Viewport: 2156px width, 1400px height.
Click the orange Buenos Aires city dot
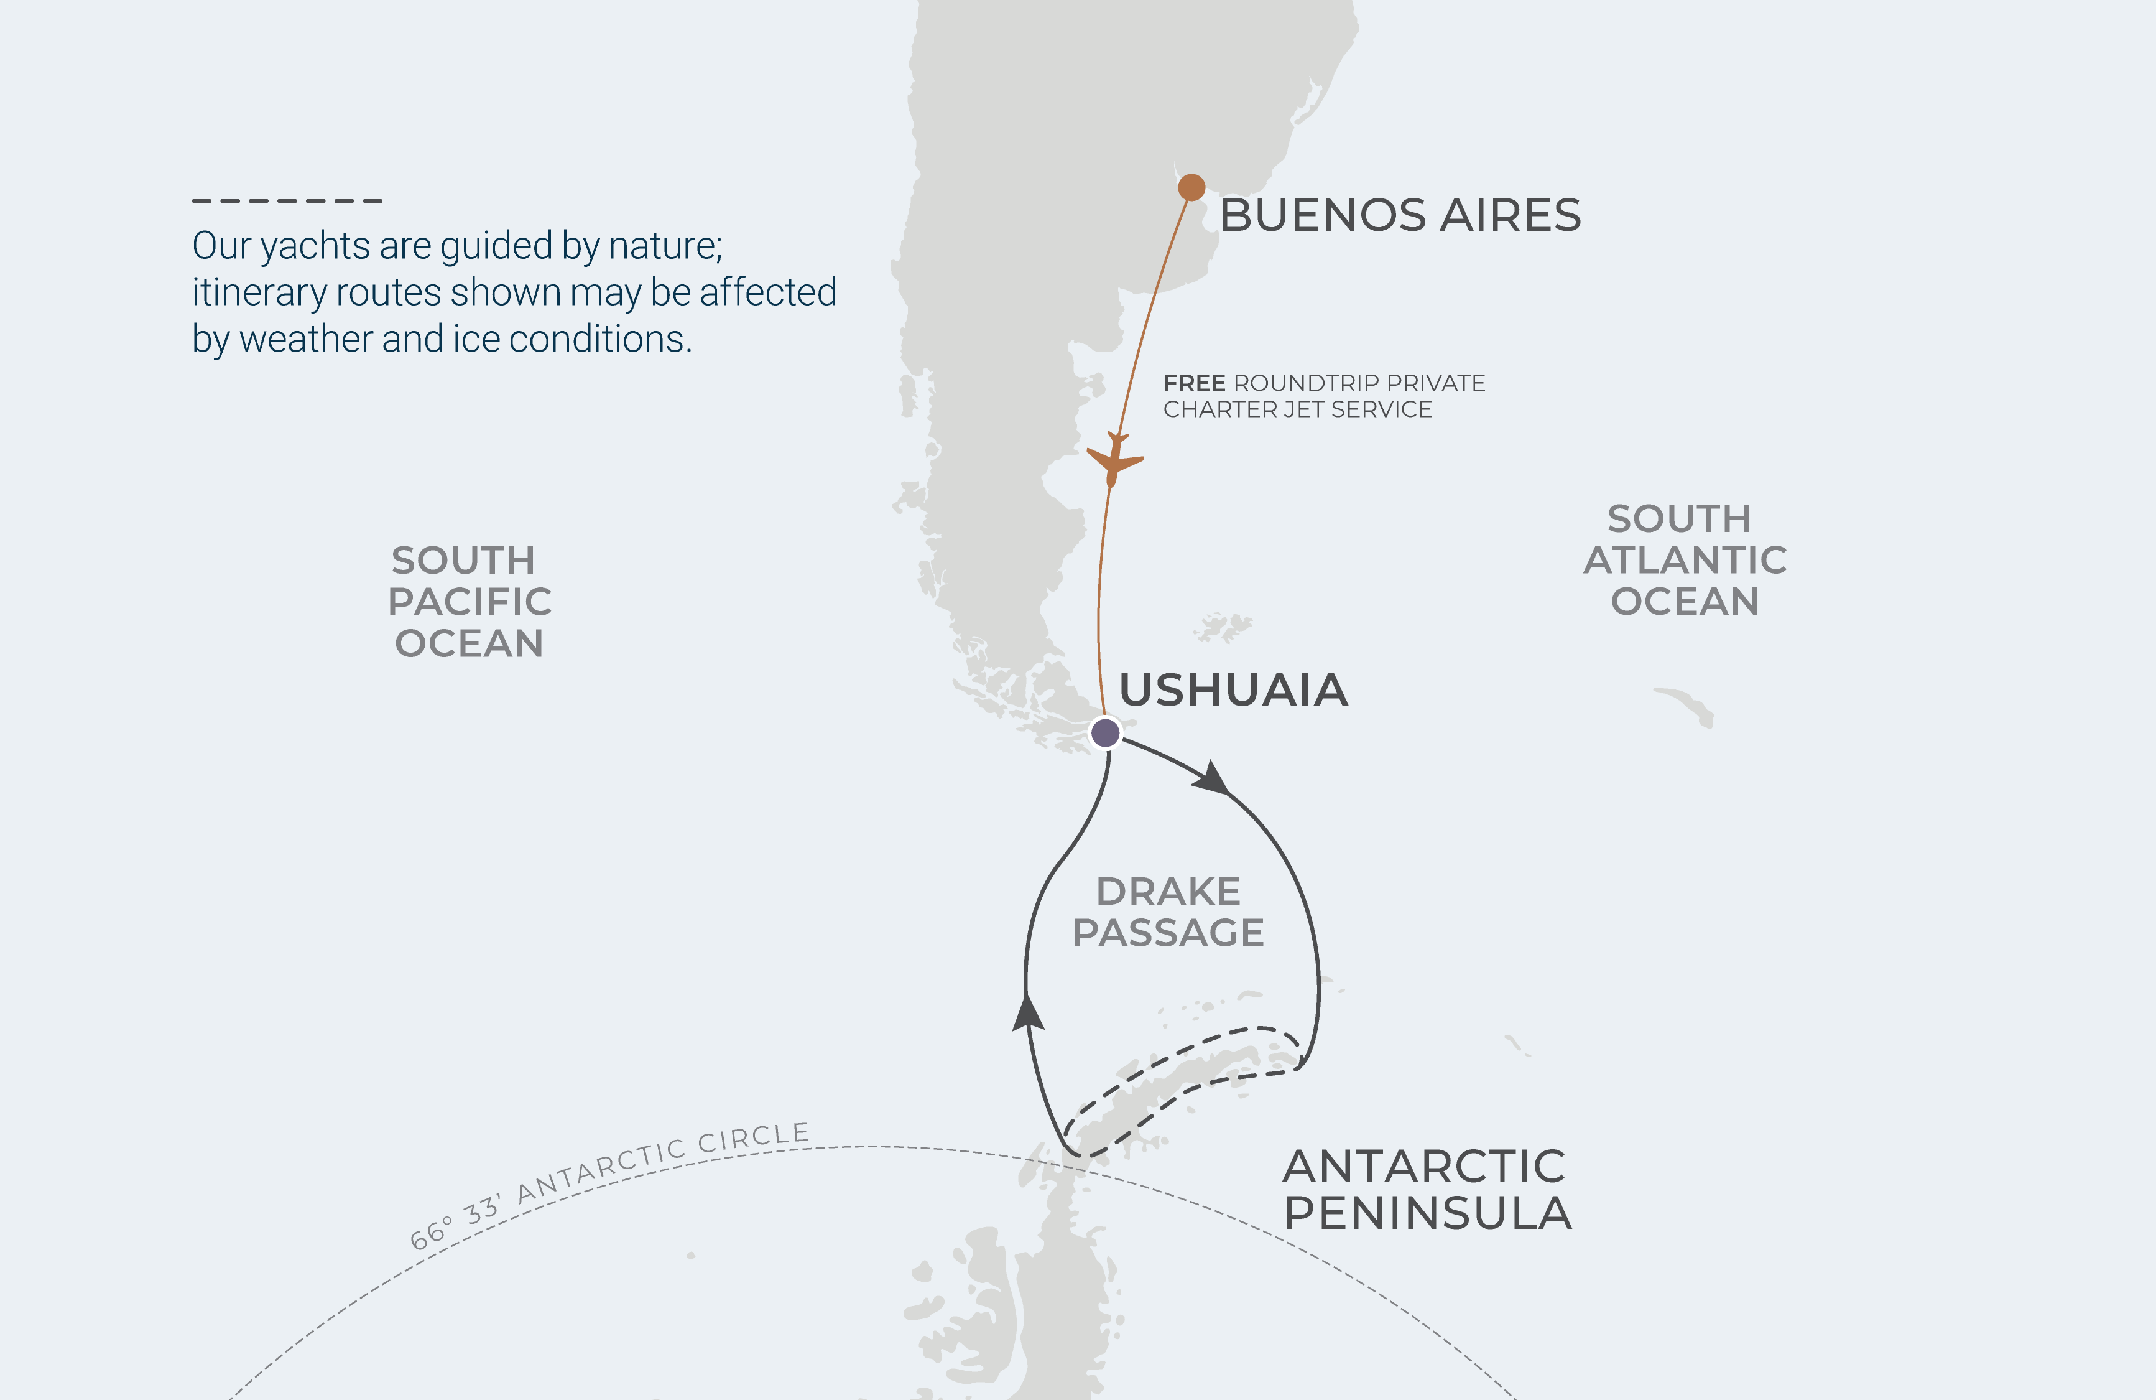pyautogui.click(x=1191, y=187)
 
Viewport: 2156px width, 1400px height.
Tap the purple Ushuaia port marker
pyautogui.click(x=1105, y=732)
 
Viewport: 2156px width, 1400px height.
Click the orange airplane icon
pyautogui.click(x=1114, y=459)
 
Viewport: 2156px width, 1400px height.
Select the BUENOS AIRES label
pyautogui.click(x=1400, y=216)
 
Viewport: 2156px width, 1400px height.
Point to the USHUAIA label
pyautogui.click(x=1233, y=691)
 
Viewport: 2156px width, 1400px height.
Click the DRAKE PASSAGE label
pyautogui.click(x=1168, y=912)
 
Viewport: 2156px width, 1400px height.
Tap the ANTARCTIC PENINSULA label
pyautogui.click(x=1427, y=1190)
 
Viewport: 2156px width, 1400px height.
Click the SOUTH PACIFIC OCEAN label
pyautogui.click(x=470, y=602)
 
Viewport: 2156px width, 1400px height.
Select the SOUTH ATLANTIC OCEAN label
pyautogui.click(x=1684, y=560)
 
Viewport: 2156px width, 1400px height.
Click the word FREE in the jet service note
pyautogui.click(x=1194, y=383)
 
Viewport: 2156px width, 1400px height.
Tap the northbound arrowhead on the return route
pyautogui.click(x=1027, y=1013)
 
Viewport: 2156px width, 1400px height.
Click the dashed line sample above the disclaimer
pyautogui.click(x=287, y=200)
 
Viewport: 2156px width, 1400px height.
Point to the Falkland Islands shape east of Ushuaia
pyautogui.click(x=1224, y=626)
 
